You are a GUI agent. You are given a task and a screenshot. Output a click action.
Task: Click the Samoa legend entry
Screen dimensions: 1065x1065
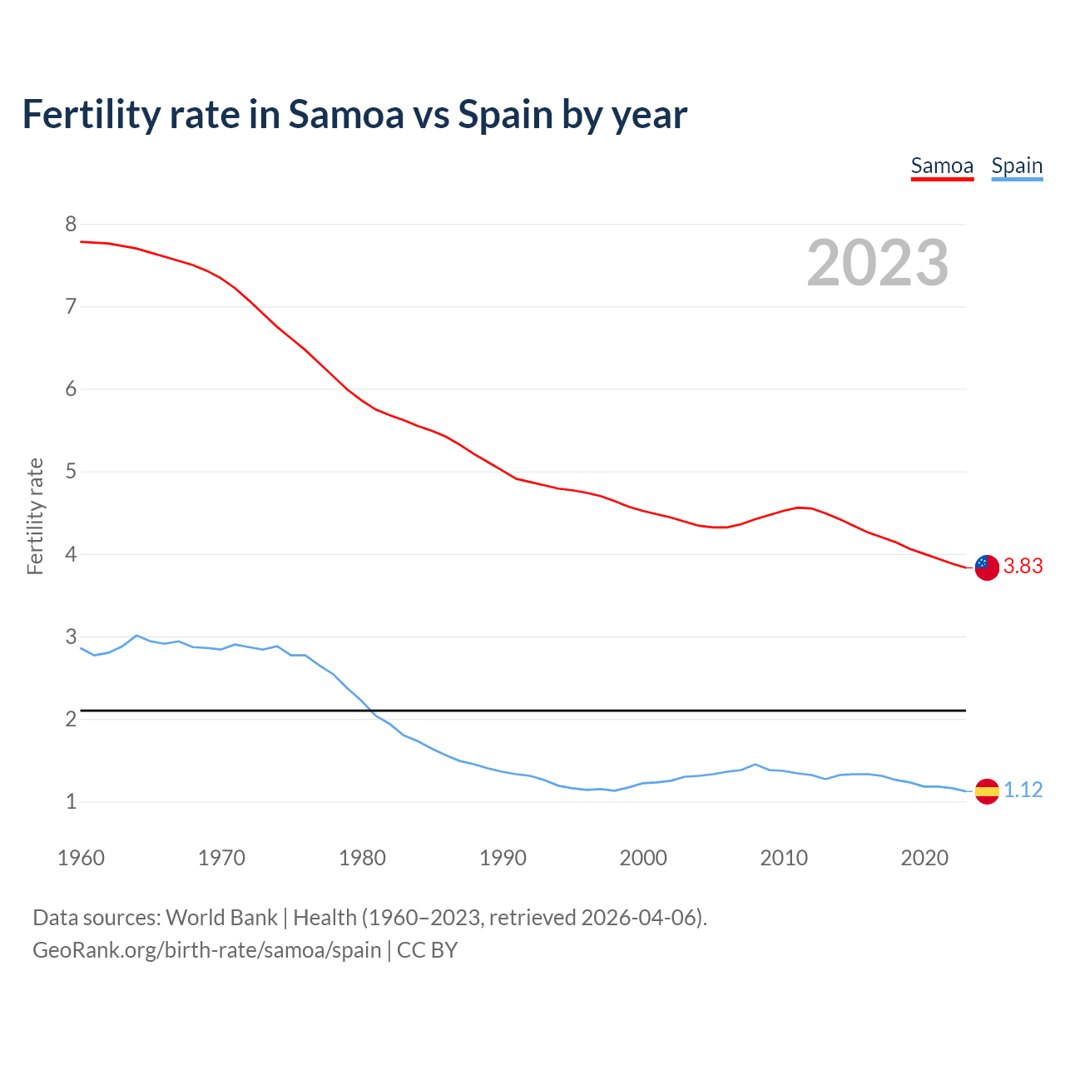pos(942,166)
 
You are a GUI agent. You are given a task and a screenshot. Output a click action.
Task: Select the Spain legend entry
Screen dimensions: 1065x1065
pos(1017,166)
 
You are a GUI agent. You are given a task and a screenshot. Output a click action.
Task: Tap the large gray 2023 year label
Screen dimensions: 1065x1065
pos(878,263)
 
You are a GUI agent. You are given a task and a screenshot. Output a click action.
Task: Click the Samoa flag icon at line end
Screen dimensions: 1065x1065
pos(986,567)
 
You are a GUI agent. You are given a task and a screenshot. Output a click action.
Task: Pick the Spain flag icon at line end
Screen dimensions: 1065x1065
pos(986,790)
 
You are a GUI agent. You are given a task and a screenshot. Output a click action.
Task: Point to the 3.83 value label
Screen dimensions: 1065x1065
pos(1023,567)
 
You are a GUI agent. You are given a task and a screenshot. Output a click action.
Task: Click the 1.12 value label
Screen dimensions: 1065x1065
pos(1023,790)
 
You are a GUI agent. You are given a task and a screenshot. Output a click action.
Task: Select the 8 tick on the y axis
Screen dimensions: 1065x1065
pos(71,224)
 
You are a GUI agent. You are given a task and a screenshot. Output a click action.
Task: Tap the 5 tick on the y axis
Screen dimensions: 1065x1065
pos(71,472)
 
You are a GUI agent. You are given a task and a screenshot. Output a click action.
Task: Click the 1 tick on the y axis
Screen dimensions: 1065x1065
pos(71,802)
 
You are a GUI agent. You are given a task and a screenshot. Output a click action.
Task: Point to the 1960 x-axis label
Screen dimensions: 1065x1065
pos(81,858)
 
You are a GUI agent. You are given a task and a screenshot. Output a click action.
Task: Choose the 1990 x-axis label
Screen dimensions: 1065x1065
pos(503,858)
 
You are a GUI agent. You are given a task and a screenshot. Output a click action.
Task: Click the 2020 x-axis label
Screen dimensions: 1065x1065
pos(924,858)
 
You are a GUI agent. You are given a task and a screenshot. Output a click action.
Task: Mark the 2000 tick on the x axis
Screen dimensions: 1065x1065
pos(643,858)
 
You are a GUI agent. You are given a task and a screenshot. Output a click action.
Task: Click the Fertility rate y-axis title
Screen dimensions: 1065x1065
pos(35,516)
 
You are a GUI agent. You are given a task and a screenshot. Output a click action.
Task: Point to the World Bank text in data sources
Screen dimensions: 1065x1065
pos(221,918)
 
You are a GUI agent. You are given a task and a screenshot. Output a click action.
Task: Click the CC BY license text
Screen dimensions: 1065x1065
pos(427,950)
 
